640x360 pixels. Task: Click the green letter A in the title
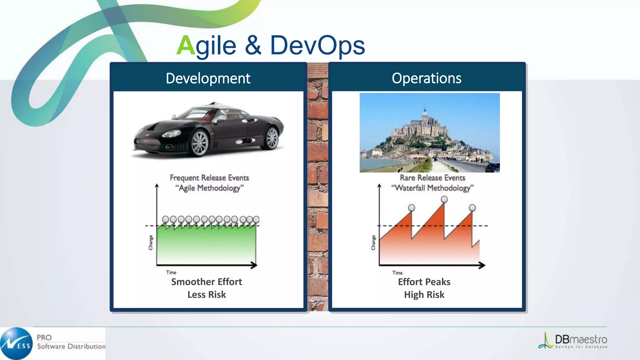(x=186, y=46)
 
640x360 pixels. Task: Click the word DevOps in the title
(x=317, y=46)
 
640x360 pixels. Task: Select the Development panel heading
(x=208, y=78)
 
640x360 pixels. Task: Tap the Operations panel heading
(x=426, y=78)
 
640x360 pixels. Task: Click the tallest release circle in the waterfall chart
(x=444, y=199)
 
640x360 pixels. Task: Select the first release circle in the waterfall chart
(x=412, y=208)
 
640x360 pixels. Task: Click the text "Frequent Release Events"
(x=209, y=178)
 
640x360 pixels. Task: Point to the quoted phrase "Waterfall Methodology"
(x=432, y=188)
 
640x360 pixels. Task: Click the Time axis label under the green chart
(x=171, y=272)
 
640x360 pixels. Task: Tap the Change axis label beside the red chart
(x=373, y=242)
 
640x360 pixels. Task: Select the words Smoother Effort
(x=206, y=282)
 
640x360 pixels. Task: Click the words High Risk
(x=424, y=295)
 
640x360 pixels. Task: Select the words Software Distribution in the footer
(x=71, y=347)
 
